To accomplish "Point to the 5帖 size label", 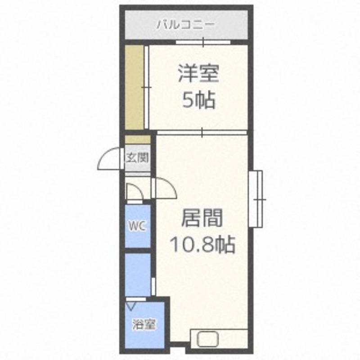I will tap(198, 100).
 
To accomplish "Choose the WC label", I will tap(137, 226).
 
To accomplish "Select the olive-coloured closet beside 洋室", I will tap(134, 87).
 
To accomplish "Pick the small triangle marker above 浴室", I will tap(130, 306).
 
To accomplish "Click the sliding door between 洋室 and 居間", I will tap(202, 132).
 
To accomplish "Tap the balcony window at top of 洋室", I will tap(203, 43).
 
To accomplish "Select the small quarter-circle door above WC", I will tap(134, 192).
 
